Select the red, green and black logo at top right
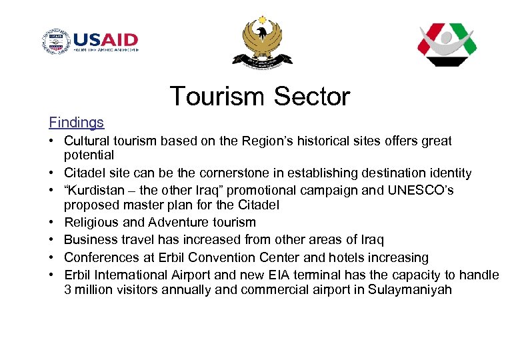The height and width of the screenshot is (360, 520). click(x=446, y=44)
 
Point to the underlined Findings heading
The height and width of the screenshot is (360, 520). click(x=76, y=123)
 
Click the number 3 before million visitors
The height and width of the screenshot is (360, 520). click(x=68, y=290)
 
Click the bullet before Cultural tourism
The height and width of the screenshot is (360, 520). click(x=52, y=141)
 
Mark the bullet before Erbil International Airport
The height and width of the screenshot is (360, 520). click(x=52, y=275)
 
